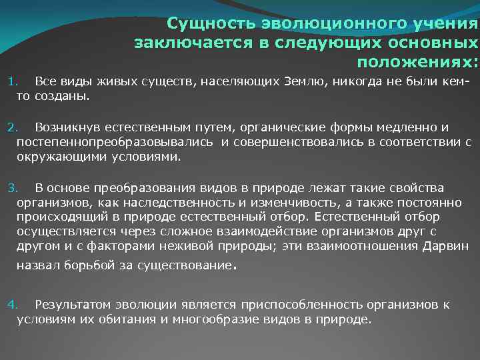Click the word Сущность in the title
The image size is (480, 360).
point(203,25)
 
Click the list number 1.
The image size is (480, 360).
point(11,82)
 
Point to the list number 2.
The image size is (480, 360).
point(11,127)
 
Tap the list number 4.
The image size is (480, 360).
point(11,305)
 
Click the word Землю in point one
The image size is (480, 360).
point(307,82)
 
